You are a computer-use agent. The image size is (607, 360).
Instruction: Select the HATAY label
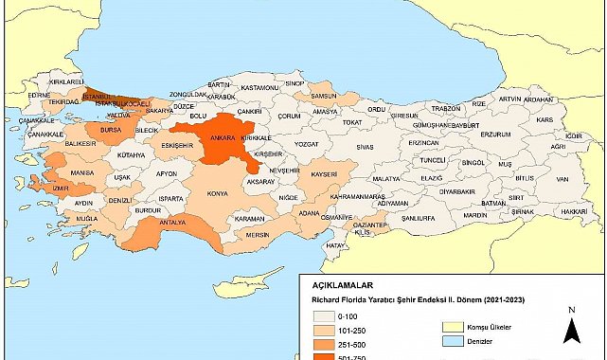[x=336, y=244]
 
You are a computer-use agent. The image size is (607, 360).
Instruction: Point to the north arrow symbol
[x=571, y=328]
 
